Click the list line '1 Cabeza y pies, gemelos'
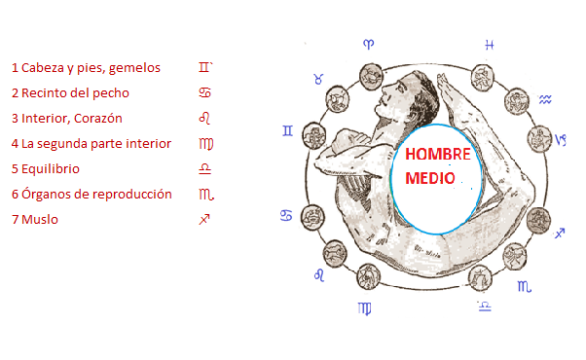pyautogui.click(x=86, y=68)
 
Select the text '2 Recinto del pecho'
pyautogui.click(x=70, y=93)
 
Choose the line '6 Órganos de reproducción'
pyautogui.click(x=92, y=194)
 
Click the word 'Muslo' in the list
pyautogui.click(x=40, y=219)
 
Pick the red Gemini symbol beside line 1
pyautogui.click(x=204, y=67)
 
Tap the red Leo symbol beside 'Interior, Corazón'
pyautogui.click(x=204, y=118)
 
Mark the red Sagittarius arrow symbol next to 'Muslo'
pyautogui.click(x=204, y=219)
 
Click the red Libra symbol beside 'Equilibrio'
pyautogui.click(x=204, y=168)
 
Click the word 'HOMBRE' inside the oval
pyautogui.click(x=437, y=155)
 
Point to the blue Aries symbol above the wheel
pyautogui.click(x=369, y=44)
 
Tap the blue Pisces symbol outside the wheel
pyautogui.click(x=490, y=45)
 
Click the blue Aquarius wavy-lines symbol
pyautogui.click(x=546, y=98)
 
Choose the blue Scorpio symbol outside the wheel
pyautogui.click(x=525, y=286)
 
